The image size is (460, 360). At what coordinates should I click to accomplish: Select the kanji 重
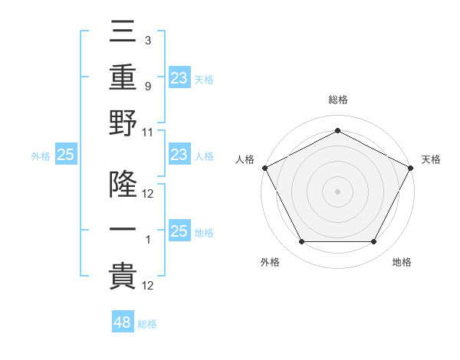(123, 77)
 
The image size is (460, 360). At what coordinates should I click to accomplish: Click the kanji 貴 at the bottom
(123, 276)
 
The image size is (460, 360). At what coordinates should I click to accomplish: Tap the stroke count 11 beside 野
(148, 132)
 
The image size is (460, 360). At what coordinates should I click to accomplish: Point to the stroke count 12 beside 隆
(148, 193)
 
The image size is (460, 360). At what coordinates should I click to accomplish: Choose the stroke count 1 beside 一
(147, 240)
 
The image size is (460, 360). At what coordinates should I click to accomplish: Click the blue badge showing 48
(123, 322)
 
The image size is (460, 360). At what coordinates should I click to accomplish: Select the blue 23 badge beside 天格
(179, 78)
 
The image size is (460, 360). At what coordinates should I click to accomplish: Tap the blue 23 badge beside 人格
(179, 155)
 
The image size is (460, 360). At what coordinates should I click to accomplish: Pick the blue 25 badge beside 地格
(179, 231)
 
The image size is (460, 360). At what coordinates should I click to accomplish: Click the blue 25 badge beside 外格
(65, 155)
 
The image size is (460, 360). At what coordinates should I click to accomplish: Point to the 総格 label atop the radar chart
(337, 100)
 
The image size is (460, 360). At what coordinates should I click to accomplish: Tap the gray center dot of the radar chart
(337, 191)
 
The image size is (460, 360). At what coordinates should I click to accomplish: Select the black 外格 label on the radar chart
(270, 263)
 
